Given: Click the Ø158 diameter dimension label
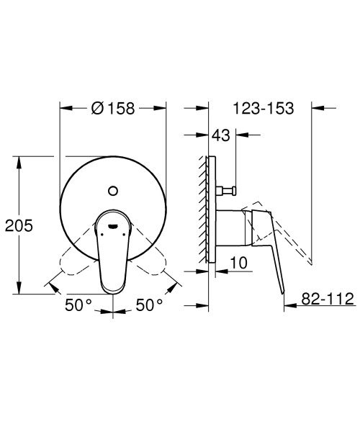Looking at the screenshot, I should [114, 108].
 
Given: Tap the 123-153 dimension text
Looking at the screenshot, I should [264, 108].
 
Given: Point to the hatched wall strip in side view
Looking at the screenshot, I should [204, 209].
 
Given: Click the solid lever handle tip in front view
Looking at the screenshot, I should [112, 284].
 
